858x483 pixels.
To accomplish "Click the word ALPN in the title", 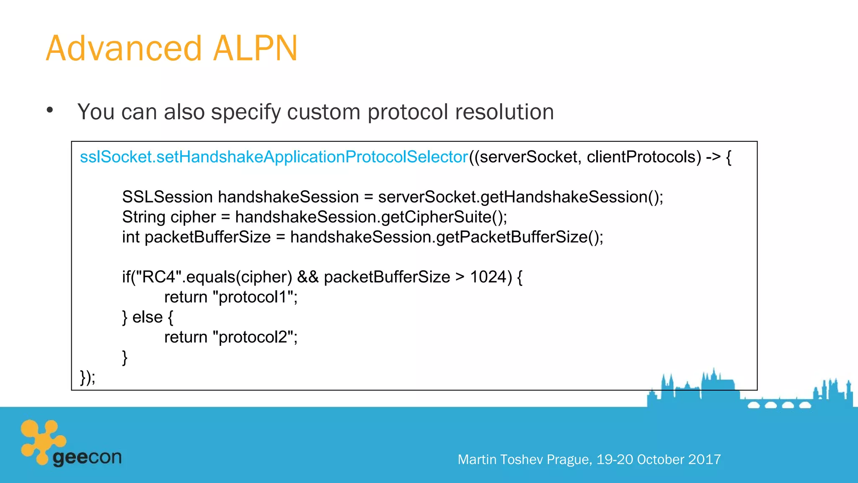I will click(255, 49).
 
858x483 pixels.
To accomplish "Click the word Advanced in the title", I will click(124, 49).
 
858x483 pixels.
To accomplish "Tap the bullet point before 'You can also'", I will click(50, 110).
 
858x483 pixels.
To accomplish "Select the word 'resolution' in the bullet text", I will click(504, 112).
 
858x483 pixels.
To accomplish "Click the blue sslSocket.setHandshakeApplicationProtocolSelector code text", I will click(274, 157).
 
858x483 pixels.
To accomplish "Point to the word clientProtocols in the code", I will click(643, 157).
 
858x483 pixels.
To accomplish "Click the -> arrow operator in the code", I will click(713, 157).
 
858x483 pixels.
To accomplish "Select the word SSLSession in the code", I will click(167, 197).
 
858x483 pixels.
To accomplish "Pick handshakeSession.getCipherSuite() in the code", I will click(371, 217).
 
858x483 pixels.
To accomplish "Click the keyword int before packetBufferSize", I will click(130, 237).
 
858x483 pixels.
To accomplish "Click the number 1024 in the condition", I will click(488, 277).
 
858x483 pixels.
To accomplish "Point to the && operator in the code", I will click(308, 277).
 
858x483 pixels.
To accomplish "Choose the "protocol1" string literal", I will click(254, 297).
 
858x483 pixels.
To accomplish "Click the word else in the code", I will click(147, 317).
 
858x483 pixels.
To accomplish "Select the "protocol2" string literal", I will click(254, 337).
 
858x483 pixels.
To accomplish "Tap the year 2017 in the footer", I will click(704, 460).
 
